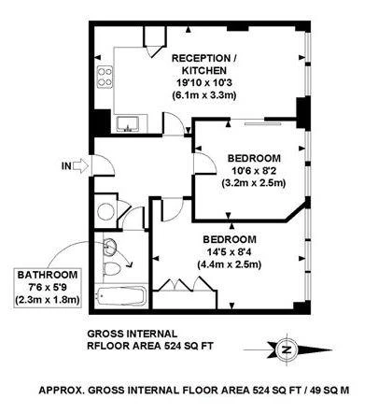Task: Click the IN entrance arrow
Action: click(81, 165)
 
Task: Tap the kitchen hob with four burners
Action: click(105, 78)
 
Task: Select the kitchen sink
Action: click(128, 123)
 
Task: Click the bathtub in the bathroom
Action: click(121, 295)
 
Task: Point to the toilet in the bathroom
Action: click(111, 269)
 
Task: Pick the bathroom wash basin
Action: click(109, 247)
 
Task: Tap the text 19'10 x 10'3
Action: click(204, 83)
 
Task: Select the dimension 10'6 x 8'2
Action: click(254, 171)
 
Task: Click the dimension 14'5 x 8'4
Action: click(229, 252)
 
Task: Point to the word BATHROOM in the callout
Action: click(48, 275)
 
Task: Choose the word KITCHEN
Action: click(204, 71)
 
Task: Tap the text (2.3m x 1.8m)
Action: click(48, 300)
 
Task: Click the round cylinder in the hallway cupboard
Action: click(105, 211)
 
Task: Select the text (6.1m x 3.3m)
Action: click(204, 95)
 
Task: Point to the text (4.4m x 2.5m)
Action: click(229, 264)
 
